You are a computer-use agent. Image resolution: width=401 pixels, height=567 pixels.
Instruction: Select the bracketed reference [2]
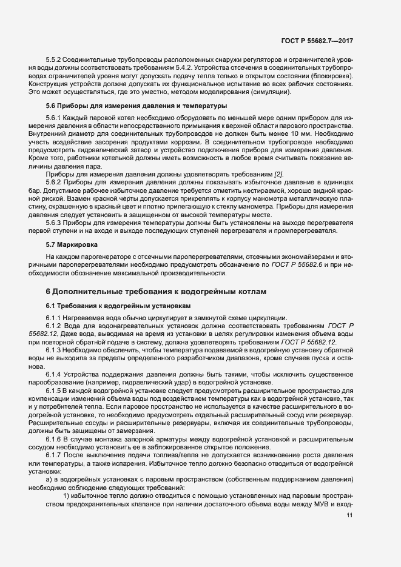click(x=278, y=175)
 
